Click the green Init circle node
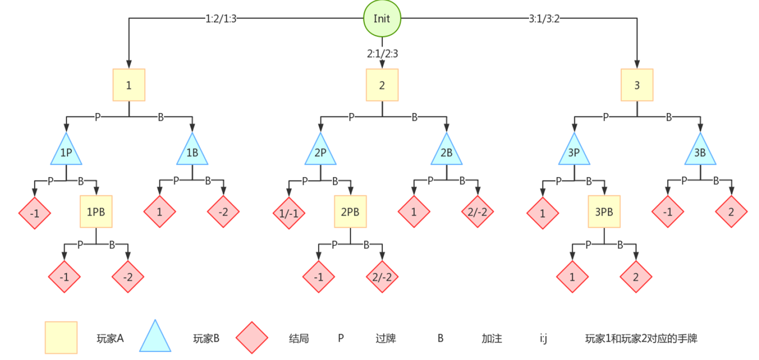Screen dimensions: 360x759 coord(382,18)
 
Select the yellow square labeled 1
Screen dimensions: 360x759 coord(128,85)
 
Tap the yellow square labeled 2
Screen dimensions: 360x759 coord(382,85)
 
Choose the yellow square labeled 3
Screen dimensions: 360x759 coord(637,85)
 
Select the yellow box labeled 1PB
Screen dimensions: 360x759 coord(96,212)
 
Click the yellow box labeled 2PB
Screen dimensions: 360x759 coord(350,212)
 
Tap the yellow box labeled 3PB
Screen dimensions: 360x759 coord(604,212)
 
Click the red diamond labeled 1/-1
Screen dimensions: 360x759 coord(288,213)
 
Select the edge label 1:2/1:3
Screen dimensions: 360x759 coord(221,18)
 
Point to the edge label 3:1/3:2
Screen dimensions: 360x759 coord(544,18)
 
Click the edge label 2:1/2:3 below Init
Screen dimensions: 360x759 coord(382,53)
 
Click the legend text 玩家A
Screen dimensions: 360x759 coord(110,338)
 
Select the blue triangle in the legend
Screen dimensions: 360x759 coord(155,338)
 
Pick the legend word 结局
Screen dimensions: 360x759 coord(299,338)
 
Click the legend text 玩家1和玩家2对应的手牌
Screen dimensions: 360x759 coord(641,338)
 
